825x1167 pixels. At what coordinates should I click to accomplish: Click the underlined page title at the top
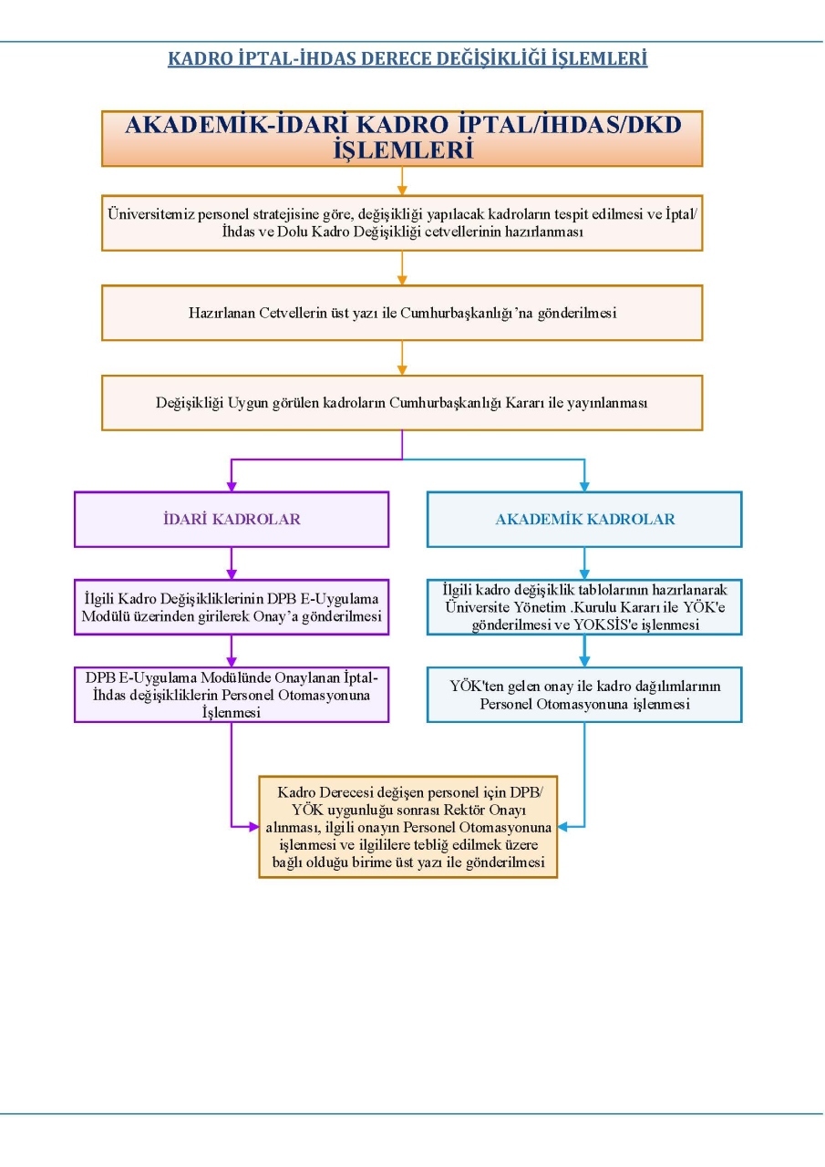(407, 58)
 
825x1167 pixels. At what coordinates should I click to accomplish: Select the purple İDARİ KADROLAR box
(232, 519)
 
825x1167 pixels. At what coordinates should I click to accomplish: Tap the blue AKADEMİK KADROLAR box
(584, 519)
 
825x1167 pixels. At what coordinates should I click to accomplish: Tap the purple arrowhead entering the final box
(253, 827)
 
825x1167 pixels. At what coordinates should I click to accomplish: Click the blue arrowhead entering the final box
(562, 827)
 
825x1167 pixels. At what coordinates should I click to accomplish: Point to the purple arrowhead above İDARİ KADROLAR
(232, 486)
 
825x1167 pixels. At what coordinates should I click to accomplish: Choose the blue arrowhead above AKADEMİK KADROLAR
(584, 486)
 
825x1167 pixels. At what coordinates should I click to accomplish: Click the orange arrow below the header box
(402, 181)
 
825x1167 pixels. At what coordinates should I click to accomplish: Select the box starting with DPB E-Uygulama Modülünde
(232, 695)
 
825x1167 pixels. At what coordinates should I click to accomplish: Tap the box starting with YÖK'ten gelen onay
(584, 695)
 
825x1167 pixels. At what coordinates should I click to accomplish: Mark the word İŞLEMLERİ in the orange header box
(404, 150)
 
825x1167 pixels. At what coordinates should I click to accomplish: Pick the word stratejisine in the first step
(285, 214)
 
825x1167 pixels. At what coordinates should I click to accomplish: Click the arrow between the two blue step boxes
(584, 651)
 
